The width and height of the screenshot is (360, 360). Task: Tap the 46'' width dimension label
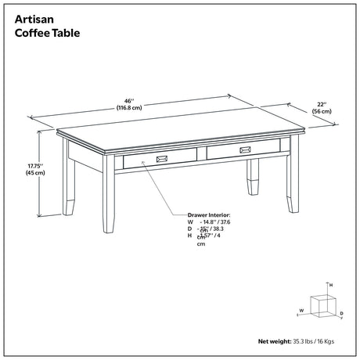point(128,100)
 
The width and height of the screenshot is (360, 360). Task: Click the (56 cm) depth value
point(322,112)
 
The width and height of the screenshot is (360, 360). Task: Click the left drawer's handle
point(162,159)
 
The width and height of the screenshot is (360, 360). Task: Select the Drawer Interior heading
point(209,214)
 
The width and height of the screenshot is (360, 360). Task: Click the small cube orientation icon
point(321,305)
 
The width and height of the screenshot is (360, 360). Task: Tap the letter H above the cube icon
point(331,285)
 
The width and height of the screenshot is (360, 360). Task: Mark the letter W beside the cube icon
point(301,311)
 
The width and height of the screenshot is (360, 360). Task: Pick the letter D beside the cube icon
point(341,313)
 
